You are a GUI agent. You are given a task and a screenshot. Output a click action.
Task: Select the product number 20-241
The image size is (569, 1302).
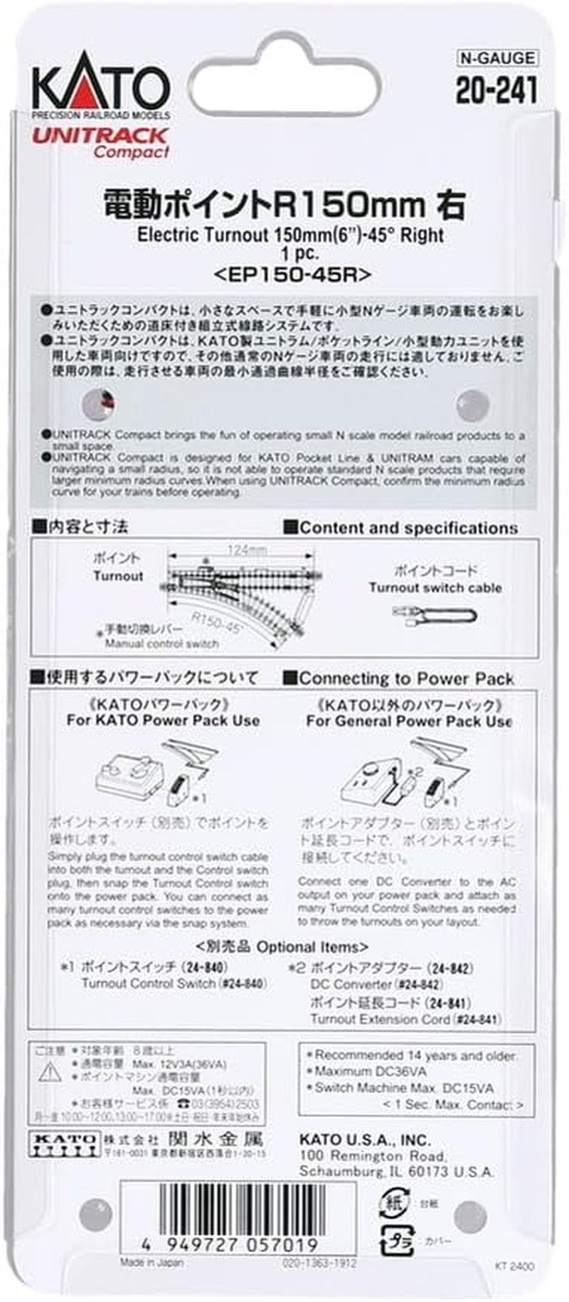click(x=496, y=90)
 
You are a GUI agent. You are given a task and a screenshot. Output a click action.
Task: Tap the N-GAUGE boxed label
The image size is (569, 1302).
click(x=496, y=58)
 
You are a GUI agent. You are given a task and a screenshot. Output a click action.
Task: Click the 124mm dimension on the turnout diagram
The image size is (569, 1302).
click(x=248, y=550)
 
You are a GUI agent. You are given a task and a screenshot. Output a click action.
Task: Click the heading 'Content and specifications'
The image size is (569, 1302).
click(x=408, y=528)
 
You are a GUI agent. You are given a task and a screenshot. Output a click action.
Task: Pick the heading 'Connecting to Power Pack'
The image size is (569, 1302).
click(x=406, y=678)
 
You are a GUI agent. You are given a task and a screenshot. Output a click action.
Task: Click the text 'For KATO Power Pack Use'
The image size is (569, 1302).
click(x=163, y=720)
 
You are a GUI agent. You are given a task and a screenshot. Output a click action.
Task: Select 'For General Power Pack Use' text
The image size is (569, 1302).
click(x=409, y=721)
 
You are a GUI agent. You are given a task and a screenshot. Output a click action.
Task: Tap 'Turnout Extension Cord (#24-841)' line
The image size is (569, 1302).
click(x=405, y=1019)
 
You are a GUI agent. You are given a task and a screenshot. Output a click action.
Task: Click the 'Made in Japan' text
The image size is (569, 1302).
click(x=151, y=1263)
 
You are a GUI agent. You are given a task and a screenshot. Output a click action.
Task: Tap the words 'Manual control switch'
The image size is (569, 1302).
click(x=162, y=644)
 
